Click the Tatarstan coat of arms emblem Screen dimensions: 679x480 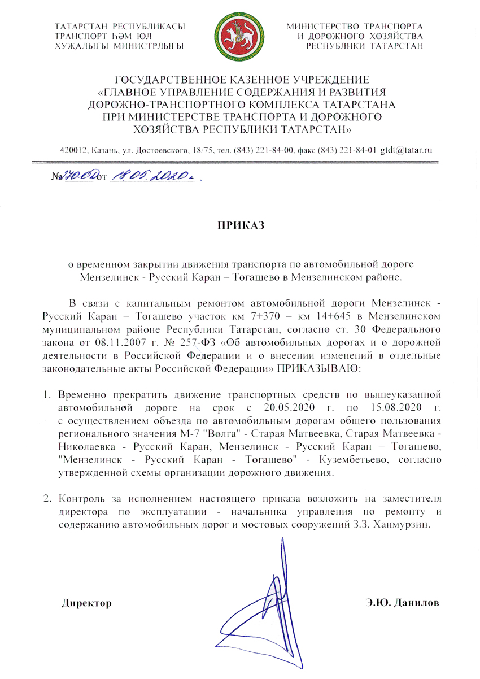(x=239, y=37)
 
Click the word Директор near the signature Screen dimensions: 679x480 (x=86, y=603)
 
